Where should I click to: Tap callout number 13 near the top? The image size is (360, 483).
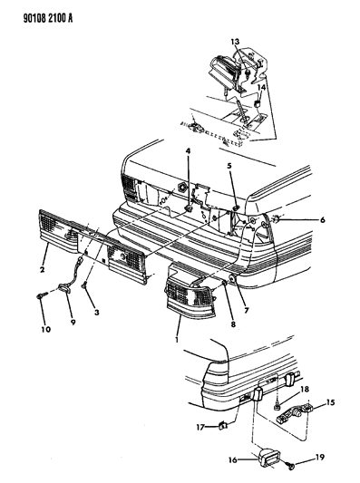tap(235, 42)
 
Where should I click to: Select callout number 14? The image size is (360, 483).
tap(261, 88)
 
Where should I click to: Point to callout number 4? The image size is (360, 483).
tap(188, 151)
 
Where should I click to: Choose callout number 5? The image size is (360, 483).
tap(229, 166)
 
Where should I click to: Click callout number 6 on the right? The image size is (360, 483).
tap(323, 220)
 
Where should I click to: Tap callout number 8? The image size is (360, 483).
tap(233, 324)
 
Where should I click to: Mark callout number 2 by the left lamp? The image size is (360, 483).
tap(43, 270)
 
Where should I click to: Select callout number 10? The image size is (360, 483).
tap(45, 330)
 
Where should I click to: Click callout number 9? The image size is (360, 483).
tap(73, 323)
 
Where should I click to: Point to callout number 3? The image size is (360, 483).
tap(97, 313)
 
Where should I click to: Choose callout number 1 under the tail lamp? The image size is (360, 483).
tap(177, 340)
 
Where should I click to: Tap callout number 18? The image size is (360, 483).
tap(304, 390)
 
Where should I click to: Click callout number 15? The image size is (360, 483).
tap(330, 402)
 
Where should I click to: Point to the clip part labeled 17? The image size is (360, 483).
tap(223, 426)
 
